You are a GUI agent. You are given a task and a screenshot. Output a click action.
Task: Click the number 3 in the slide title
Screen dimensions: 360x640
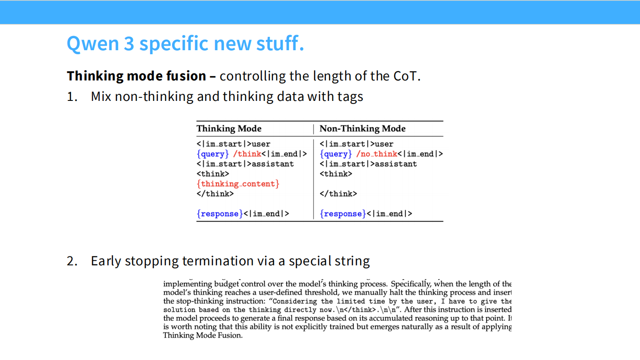(128, 44)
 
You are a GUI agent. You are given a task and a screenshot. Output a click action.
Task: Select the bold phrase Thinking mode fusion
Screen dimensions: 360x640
(136, 76)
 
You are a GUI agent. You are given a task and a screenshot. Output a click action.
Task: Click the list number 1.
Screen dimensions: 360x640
(72, 96)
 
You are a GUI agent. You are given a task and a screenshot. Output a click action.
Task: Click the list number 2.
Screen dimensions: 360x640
(72, 261)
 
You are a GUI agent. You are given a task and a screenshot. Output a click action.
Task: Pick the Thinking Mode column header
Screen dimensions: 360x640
(229, 129)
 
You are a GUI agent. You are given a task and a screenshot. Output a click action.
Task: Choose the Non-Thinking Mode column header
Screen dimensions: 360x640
(362, 129)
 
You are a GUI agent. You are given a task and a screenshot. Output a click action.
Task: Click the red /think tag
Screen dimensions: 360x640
(247, 154)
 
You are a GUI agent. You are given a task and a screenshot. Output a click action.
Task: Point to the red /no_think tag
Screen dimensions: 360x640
(376, 154)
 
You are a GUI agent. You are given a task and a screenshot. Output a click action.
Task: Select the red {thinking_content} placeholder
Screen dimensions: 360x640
(238, 184)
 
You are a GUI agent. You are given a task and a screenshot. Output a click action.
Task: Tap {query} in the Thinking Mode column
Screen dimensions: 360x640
(212, 154)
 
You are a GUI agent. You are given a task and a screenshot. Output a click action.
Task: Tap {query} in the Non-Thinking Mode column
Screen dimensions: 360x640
(336, 154)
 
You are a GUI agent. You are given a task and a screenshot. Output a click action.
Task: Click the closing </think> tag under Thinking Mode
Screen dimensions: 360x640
(215, 194)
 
